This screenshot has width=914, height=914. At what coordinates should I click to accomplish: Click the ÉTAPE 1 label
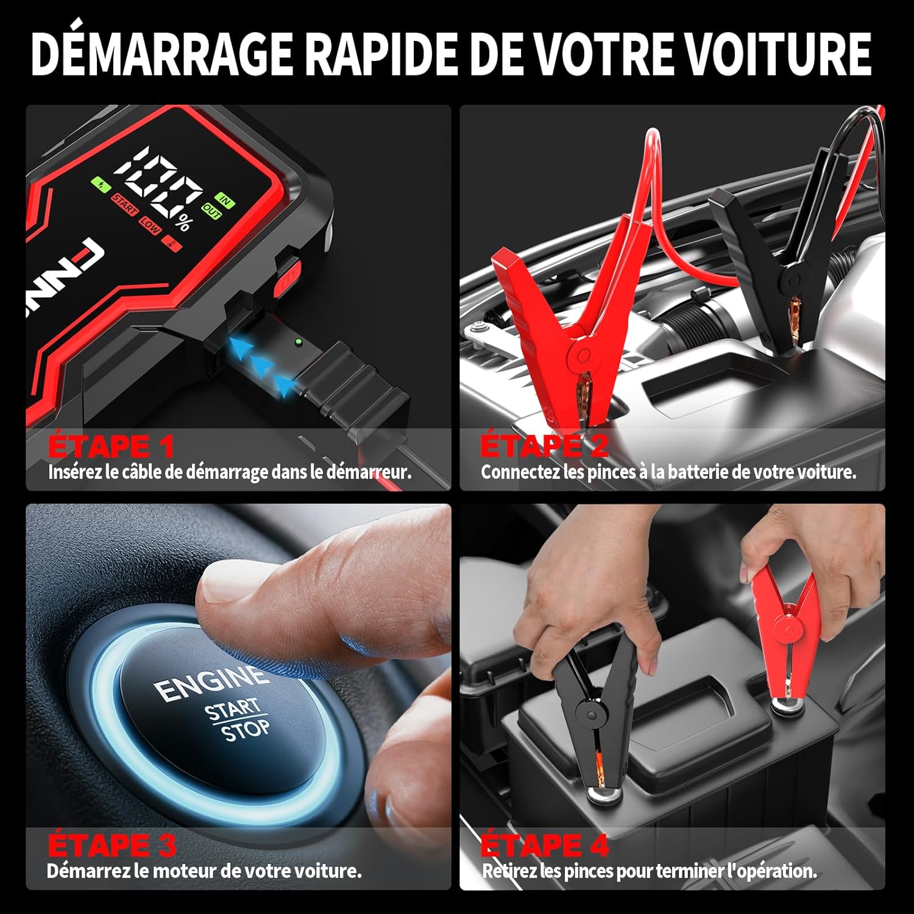coord(111,446)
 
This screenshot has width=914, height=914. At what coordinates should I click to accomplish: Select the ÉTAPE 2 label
coord(544,446)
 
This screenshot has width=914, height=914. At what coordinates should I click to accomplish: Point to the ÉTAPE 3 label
coord(112,845)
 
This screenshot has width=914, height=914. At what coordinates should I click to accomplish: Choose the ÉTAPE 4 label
coord(544,845)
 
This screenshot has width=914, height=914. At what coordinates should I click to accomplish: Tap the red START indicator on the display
coord(125,204)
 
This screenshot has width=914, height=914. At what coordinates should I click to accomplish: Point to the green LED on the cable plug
coord(297,342)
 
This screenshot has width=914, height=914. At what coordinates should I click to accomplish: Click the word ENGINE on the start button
coord(210,682)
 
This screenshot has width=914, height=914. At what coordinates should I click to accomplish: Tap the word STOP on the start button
coord(245,729)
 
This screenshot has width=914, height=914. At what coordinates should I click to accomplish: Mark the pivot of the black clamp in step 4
coord(592,711)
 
